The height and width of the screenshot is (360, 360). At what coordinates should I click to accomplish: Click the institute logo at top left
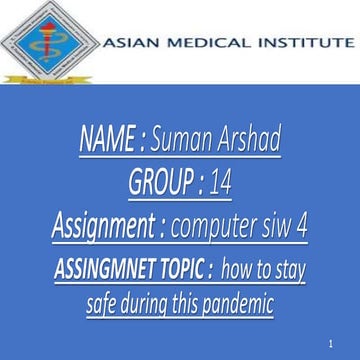[x=48, y=43]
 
